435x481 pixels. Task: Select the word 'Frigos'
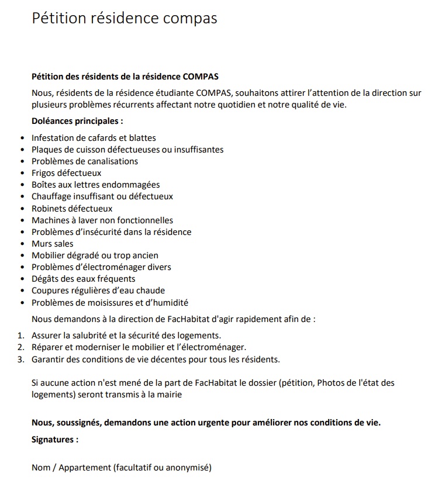pyautogui.click(x=44, y=173)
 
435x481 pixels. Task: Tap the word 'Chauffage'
pyautogui.click(x=53, y=196)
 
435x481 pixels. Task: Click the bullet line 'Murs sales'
pyautogui.click(x=53, y=243)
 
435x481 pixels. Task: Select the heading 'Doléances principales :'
pyautogui.click(x=77, y=122)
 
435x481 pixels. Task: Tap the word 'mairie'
pyautogui.click(x=169, y=395)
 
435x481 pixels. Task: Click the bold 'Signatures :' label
pyautogui.click(x=55, y=440)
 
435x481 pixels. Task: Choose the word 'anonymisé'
pyautogui.click(x=188, y=468)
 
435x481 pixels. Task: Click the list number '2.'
pyautogui.click(x=20, y=347)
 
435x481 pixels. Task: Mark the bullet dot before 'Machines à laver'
pyautogui.click(x=23, y=220)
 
